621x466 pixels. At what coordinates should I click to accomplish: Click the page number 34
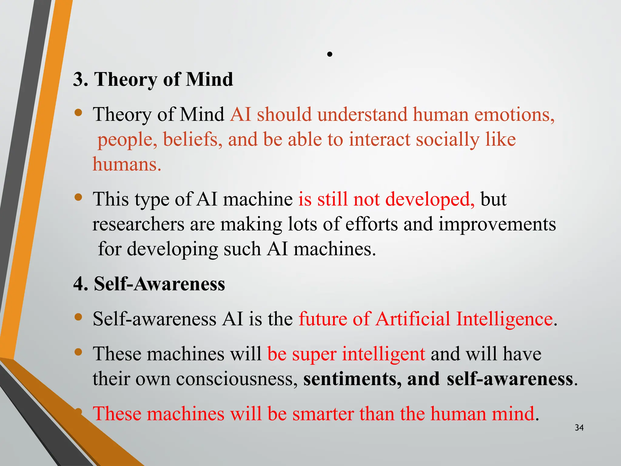coord(579,428)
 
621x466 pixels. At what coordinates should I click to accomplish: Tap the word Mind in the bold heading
coord(209,79)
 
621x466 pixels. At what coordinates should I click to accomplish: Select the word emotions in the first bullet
coord(514,115)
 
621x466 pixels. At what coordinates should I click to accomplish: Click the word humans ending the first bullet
coord(126,164)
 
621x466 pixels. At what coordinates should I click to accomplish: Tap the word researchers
coord(138,225)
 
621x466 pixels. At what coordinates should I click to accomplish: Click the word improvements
coord(497,225)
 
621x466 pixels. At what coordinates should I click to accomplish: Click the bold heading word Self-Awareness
coord(159,284)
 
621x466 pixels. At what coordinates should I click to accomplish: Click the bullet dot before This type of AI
coord(78,198)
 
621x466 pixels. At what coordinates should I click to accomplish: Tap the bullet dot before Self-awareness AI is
coord(78,317)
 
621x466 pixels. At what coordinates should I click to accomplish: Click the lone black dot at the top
coord(330,55)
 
